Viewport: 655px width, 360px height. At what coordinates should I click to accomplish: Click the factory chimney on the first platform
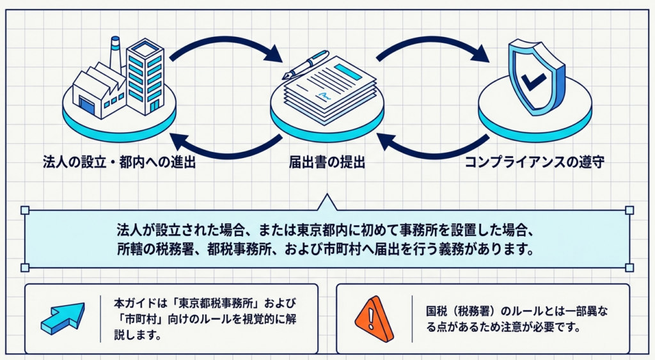[x=116, y=54]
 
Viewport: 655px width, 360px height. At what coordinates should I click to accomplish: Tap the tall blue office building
[x=145, y=75]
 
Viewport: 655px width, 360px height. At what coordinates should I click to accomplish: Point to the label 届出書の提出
[x=327, y=162]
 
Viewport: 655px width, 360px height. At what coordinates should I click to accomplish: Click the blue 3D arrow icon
[x=62, y=318]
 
